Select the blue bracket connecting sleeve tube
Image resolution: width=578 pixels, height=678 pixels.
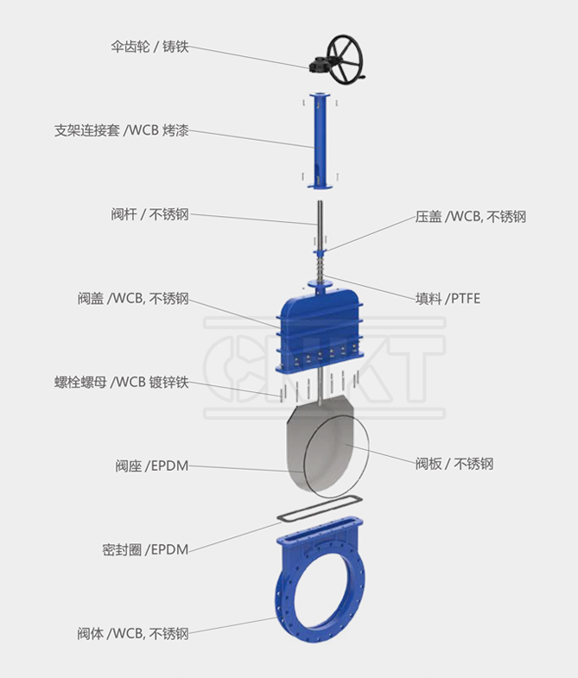pos(319,138)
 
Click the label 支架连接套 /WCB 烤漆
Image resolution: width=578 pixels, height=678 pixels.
pos(121,131)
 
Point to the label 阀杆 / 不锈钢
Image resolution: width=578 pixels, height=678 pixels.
pos(149,214)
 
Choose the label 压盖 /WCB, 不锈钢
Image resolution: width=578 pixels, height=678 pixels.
pos(470,217)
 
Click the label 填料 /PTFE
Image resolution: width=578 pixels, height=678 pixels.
pos(448,299)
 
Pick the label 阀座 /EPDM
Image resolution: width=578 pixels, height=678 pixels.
pos(151,466)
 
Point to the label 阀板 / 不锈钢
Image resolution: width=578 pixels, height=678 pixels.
pos(454,464)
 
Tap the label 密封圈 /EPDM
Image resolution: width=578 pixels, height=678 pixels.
pos(145,548)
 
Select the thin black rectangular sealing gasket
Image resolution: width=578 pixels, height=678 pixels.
pos(319,514)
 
